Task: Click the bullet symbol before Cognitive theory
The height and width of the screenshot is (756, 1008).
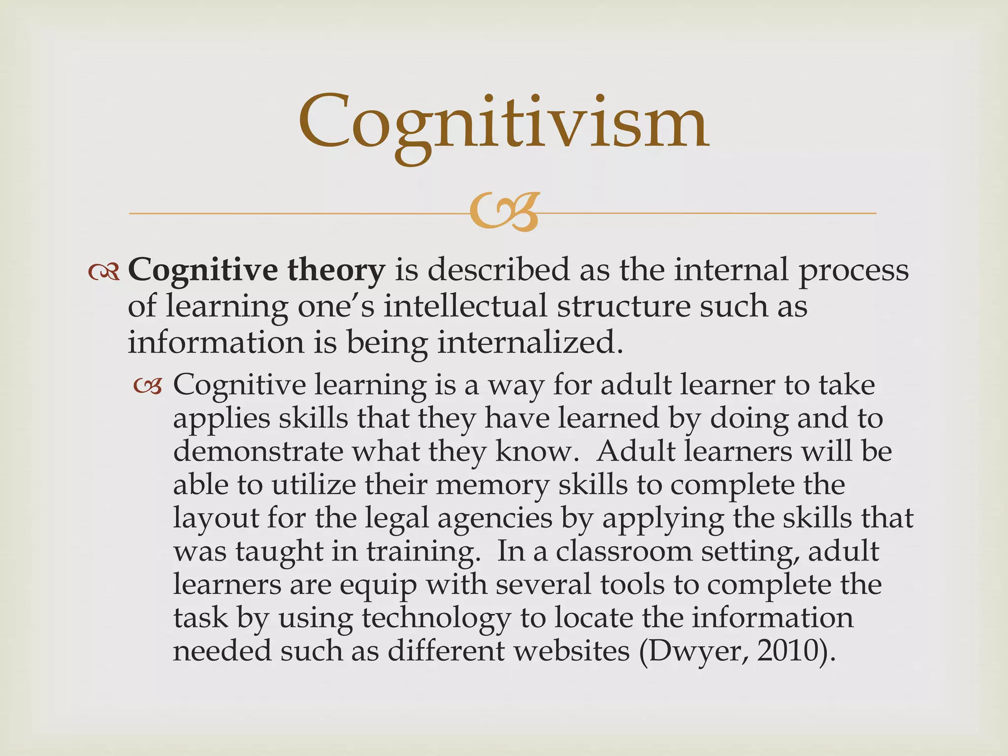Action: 104,272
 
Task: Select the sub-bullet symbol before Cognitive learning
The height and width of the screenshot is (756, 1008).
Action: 147,387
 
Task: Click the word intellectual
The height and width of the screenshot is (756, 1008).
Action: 465,306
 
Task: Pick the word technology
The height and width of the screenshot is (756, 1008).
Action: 436,619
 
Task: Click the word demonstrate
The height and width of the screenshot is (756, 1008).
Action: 258,451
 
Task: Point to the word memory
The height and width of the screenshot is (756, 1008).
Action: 492,485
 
